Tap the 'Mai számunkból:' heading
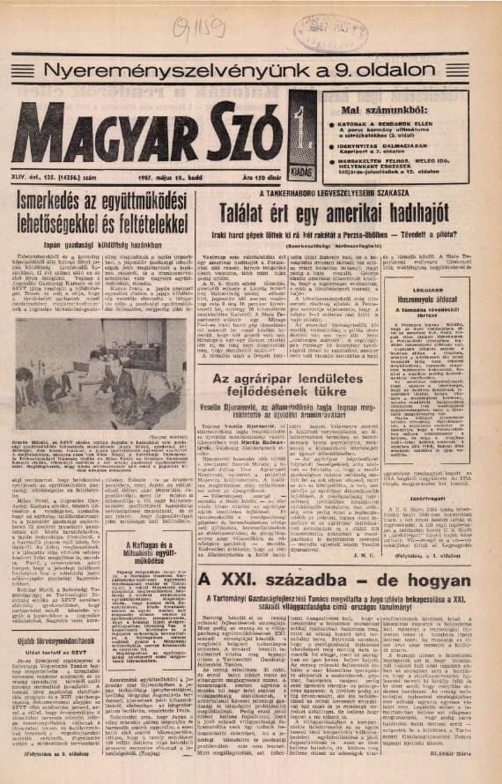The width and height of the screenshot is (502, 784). pyautogui.click(x=371, y=112)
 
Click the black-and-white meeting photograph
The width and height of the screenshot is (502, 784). pyautogui.click(x=100, y=362)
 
